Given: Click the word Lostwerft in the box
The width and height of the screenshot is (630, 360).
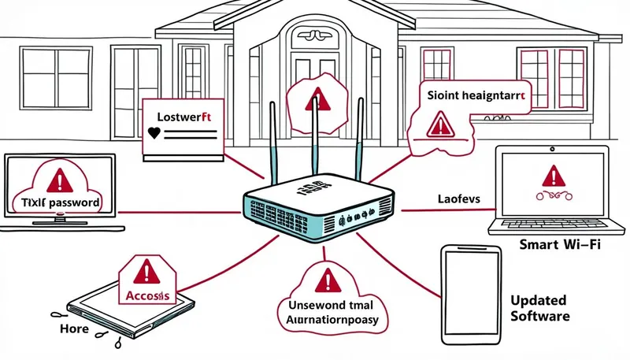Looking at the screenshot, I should pyautogui.click(x=181, y=117).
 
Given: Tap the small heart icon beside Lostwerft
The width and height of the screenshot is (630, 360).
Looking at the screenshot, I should pyautogui.click(x=152, y=133).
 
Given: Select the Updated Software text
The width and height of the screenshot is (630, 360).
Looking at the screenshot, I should pyautogui.click(x=541, y=308).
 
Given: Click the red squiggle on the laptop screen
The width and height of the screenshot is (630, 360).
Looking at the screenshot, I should pyautogui.click(x=553, y=195).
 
